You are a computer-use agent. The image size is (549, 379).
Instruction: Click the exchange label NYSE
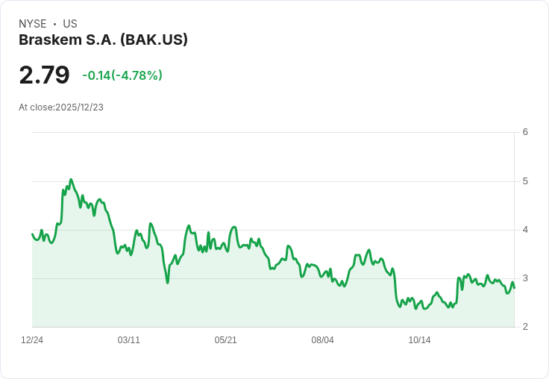click(33, 24)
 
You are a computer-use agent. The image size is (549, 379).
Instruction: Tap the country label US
click(70, 24)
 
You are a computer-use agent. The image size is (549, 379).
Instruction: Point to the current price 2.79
click(44, 75)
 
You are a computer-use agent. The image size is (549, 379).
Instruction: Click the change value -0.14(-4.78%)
click(122, 75)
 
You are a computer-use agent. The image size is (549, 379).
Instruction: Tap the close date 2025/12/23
click(80, 107)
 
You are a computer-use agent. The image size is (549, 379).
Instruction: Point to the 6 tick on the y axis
click(525, 132)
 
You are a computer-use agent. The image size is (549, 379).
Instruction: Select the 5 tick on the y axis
click(525, 181)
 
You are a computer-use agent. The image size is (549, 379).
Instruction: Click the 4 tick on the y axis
click(525, 230)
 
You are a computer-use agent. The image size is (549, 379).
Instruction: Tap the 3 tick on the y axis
click(525, 278)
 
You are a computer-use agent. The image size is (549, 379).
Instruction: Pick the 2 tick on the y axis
click(525, 327)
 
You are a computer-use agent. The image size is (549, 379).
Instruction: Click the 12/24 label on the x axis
click(32, 340)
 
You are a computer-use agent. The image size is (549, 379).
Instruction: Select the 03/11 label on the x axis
click(129, 340)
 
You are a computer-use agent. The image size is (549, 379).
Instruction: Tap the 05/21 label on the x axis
click(225, 340)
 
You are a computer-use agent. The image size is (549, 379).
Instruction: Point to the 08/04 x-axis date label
click(322, 340)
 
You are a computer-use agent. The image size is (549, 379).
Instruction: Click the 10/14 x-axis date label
click(419, 340)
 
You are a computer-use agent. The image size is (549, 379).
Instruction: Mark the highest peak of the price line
click(71, 179)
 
